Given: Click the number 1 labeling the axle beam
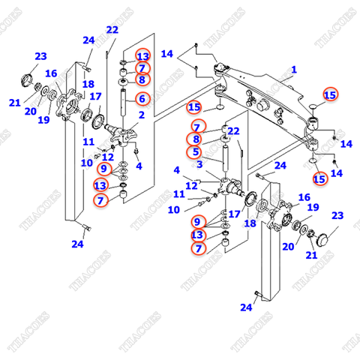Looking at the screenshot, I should (294, 70).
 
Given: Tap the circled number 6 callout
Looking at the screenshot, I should (142, 98).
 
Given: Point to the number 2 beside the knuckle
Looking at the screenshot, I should (141, 115).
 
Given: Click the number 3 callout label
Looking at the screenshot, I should (199, 164).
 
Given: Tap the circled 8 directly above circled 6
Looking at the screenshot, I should (142, 79).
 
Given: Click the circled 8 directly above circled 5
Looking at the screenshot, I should (196, 139).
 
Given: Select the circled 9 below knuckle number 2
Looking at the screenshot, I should (104, 169).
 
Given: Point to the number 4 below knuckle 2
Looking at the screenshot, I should (139, 166).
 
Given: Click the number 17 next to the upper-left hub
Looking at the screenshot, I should (95, 96).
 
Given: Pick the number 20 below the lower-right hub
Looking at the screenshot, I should (287, 246).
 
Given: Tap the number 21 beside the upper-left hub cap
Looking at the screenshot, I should (15, 103).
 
